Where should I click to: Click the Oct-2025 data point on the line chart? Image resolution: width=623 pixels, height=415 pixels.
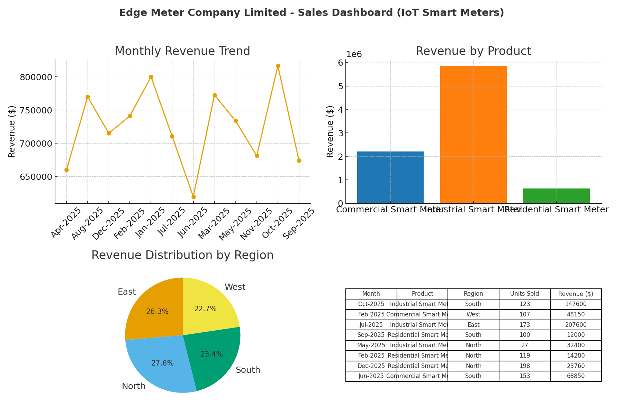pyautogui.click(x=278, y=66)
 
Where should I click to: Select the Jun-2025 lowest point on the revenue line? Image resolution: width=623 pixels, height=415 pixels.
pyautogui.click(x=193, y=197)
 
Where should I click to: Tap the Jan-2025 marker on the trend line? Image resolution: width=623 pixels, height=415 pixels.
pyautogui.click(x=151, y=77)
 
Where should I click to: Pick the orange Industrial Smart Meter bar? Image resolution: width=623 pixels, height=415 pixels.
pyautogui.click(x=473, y=135)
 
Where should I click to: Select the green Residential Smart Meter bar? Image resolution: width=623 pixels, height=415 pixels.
pyautogui.click(x=556, y=196)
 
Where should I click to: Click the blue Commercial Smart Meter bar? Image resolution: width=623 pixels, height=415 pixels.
pyautogui.click(x=390, y=177)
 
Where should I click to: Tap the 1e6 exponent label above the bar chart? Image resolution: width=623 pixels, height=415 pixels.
pyautogui.click(x=354, y=54)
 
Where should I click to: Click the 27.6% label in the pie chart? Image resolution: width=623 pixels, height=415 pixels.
pyautogui.click(x=162, y=363)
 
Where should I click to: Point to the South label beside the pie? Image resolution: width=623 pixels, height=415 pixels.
pyautogui.click(x=248, y=370)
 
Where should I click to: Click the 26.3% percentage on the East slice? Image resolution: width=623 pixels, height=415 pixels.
pyautogui.click(x=157, y=312)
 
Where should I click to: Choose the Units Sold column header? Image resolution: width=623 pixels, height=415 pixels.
pyautogui.click(x=524, y=294)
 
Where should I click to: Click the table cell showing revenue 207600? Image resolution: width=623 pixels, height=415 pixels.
pyautogui.click(x=576, y=325)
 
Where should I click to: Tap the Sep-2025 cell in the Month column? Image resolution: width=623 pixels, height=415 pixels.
pyautogui.click(x=371, y=335)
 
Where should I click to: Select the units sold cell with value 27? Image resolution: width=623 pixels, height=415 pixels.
pyautogui.click(x=524, y=345)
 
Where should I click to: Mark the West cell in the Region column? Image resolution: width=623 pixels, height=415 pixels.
pyautogui.click(x=473, y=314)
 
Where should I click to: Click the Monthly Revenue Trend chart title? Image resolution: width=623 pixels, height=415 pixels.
pyautogui.click(x=182, y=51)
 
